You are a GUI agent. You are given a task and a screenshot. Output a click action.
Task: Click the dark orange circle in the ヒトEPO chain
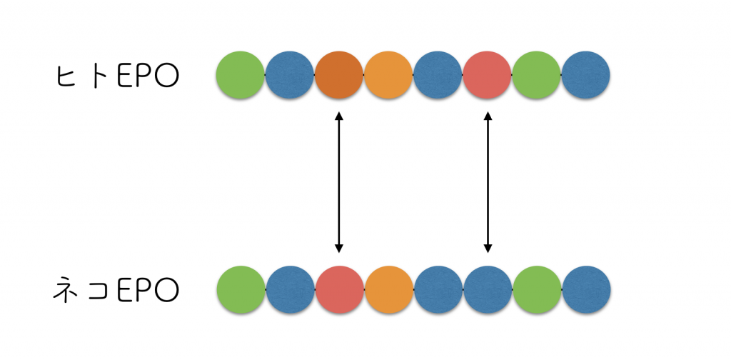(x=339, y=75)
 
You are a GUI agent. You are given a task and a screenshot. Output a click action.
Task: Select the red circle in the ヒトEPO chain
(x=487, y=75)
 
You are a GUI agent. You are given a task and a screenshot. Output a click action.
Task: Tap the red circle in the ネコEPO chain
(x=339, y=289)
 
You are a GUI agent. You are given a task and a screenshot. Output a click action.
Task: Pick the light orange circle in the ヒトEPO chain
(x=388, y=75)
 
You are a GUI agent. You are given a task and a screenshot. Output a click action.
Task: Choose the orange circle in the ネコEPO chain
(x=389, y=289)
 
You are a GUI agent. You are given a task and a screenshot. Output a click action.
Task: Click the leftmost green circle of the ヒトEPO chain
(x=240, y=75)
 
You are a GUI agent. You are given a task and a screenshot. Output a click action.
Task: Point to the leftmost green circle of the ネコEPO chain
(x=241, y=289)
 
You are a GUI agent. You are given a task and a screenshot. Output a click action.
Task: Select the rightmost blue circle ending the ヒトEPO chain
(x=585, y=75)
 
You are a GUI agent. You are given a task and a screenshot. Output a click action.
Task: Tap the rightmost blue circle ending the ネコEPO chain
(x=587, y=289)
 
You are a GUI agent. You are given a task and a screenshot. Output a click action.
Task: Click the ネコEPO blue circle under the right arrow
(x=488, y=289)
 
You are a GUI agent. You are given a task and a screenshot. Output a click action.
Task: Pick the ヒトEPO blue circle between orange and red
(x=438, y=75)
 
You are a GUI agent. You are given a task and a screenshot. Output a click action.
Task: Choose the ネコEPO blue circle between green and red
(x=291, y=289)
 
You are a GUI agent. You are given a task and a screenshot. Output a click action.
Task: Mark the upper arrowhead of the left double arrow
(x=339, y=116)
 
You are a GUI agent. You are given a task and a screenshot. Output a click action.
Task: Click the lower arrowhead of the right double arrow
(x=488, y=248)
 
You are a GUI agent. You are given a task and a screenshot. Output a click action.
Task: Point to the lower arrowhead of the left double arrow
(x=339, y=248)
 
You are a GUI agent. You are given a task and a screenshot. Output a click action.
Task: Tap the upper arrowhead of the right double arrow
(x=488, y=116)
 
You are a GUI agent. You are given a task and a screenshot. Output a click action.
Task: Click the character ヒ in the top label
(x=66, y=76)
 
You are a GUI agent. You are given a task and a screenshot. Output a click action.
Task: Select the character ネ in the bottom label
(x=65, y=290)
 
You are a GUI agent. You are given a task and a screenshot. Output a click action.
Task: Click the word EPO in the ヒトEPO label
(x=148, y=76)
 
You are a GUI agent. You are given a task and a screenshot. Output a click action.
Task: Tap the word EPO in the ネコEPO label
(x=148, y=291)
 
